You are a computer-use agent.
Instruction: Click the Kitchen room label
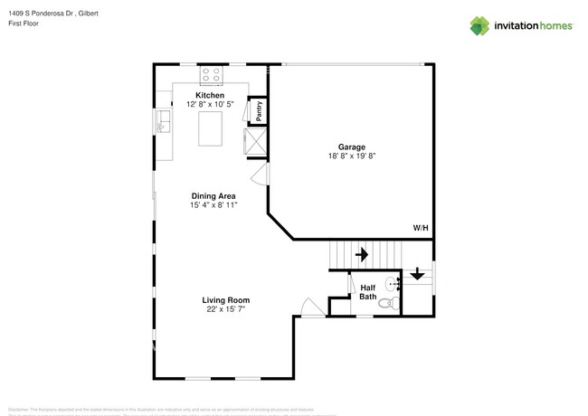click(x=210, y=95)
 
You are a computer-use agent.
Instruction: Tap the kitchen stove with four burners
click(x=211, y=74)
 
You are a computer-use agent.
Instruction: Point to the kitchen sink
click(x=163, y=121)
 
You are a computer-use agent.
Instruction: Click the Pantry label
click(x=259, y=110)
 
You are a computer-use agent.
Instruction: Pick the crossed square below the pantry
click(x=254, y=140)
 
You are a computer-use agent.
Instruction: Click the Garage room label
click(x=352, y=146)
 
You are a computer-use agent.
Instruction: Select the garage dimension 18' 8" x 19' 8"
click(x=352, y=156)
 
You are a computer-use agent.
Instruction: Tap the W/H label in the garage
click(x=420, y=228)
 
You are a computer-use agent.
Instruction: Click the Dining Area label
click(x=213, y=195)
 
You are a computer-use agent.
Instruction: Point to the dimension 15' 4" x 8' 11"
click(x=213, y=205)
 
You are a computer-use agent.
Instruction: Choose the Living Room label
click(x=226, y=300)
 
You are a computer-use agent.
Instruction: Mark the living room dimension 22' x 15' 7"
click(x=226, y=310)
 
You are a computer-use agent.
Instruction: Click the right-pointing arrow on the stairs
click(x=362, y=255)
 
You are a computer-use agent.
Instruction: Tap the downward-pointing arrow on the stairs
click(x=417, y=272)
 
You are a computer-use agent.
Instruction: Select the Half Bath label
click(x=368, y=292)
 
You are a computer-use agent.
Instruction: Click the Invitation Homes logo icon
click(x=478, y=26)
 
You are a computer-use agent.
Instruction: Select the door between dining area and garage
click(x=260, y=174)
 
